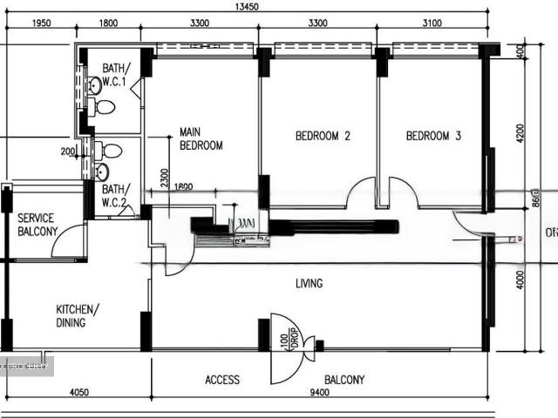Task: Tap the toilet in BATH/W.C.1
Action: (x=103, y=108)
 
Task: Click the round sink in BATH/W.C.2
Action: (x=101, y=172)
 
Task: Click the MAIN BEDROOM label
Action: (x=201, y=138)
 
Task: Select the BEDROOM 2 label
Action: (x=323, y=136)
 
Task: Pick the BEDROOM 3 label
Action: (x=433, y=136)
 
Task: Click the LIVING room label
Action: (x=309, y=283)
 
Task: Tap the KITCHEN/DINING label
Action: (x=78, y=315)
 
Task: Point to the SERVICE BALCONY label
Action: (x=37, y=225)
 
